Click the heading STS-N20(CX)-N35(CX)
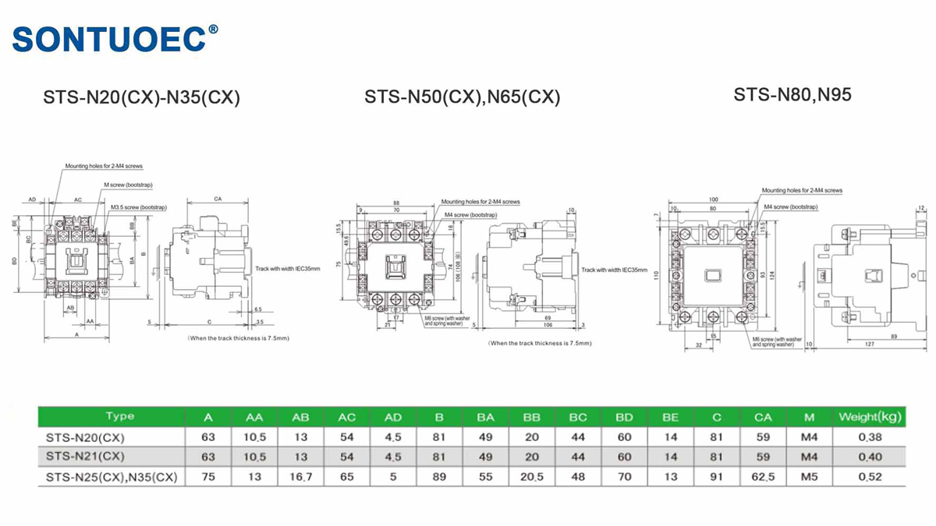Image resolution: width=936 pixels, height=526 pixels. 141,98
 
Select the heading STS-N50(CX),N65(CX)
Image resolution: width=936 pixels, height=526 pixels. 462,98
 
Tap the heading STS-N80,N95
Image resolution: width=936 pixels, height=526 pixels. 792,95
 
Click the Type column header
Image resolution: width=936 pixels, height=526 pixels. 120,417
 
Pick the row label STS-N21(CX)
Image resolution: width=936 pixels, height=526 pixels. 85,456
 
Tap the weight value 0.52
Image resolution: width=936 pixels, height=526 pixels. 870,476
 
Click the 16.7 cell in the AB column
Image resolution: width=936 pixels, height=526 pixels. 300,476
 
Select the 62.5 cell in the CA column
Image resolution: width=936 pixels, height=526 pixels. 763,476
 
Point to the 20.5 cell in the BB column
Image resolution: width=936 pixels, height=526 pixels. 532,476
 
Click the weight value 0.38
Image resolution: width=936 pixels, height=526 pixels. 870,436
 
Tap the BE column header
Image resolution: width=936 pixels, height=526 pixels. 670,417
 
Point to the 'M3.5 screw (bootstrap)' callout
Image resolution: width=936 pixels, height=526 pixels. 139,207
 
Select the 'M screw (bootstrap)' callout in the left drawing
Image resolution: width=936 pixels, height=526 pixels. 129,185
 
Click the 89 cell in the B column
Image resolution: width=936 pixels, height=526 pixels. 439,476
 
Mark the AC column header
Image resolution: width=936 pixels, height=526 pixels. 346,417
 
